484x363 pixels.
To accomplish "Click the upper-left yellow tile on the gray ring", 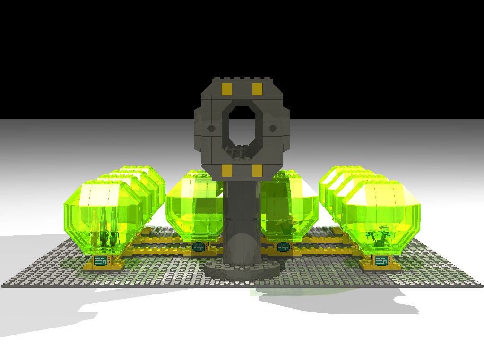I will (x=226, y=89).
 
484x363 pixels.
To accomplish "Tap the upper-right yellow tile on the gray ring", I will (x=257, y=89).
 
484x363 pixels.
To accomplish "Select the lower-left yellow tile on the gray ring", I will (x=226, y=170).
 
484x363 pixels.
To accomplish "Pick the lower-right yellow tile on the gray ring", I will (x=257, y=170).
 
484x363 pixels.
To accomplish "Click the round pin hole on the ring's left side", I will (x=211, y=128).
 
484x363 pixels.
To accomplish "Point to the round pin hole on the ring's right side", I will (x=273, y=128).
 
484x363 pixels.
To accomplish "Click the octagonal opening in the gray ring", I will (x=242, y=124).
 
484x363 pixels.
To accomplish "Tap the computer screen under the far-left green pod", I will (x=101, y=260).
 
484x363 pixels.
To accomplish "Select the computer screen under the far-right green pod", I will (x=381, y=260).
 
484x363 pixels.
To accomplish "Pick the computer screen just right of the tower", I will (x=284, y=247).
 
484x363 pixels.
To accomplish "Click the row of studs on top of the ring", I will (x=242, y=78).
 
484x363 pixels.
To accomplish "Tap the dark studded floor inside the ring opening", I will (x=242, y=152).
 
